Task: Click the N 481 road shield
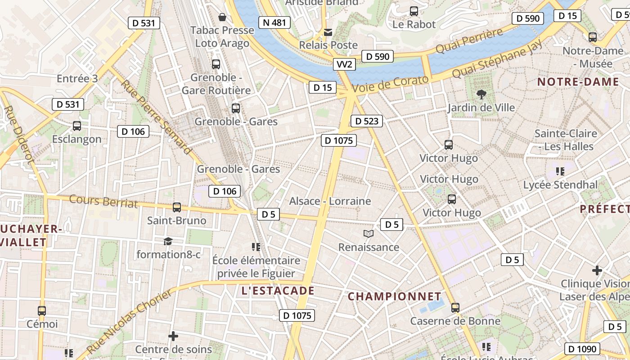pos(274,22)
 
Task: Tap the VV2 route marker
pos(344,64)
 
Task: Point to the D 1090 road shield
pos(582,349)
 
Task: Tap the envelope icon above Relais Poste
pos(328,32)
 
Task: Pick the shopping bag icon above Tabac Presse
pos(222,18)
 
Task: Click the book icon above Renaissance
pos(369,234)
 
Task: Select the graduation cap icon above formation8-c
pos(168,241)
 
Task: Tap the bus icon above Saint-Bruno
pos(177,207)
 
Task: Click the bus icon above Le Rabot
pos(414,11)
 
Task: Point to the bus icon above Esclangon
pos(77,126)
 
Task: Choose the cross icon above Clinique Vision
pos(597,270)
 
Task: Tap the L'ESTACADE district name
pos(278,291)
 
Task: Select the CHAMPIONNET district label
pos(395,297)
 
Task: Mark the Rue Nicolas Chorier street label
pos(129,321)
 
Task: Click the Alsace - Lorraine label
pos(330,201)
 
